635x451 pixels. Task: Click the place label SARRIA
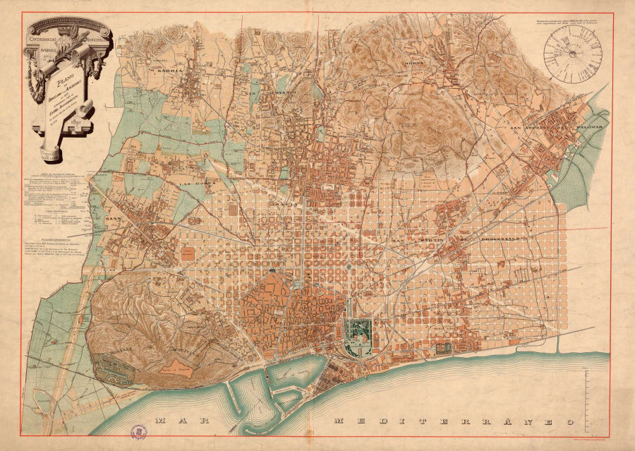tap(170, 71)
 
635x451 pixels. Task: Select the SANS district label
tap(114, 219)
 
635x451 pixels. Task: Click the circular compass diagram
tap(575, 52)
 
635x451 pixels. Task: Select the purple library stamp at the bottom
tap(139, 429)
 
